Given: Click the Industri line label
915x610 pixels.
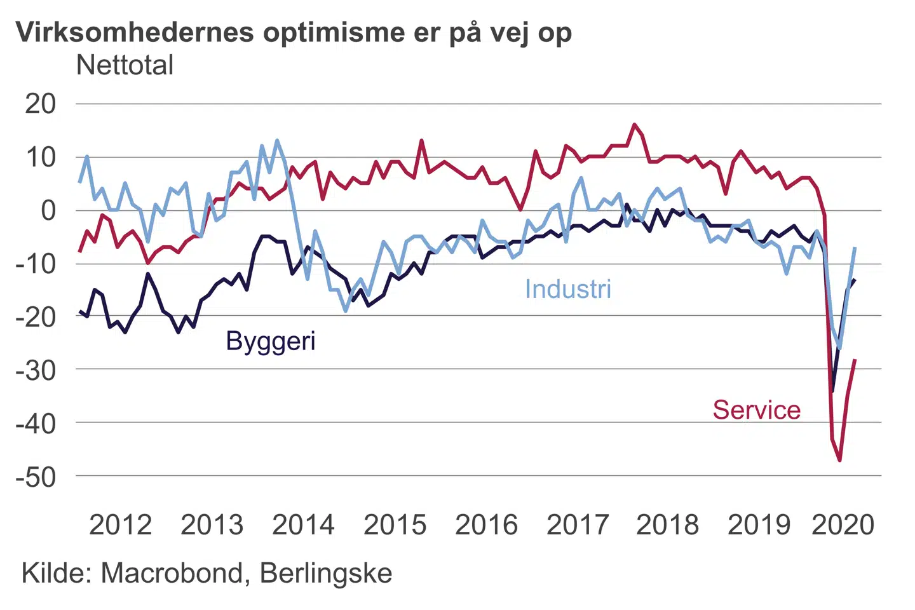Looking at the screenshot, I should click(x=567, y=289).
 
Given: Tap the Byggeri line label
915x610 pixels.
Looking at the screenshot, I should click(x=270, y=341).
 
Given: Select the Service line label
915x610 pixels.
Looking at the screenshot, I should click(x=756, y=410).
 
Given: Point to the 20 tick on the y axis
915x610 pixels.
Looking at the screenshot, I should click(x=41, y=104).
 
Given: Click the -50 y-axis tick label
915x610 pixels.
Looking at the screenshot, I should click(x=36, y=477).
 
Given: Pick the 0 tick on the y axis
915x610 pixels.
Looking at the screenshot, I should click(x=48, y=210).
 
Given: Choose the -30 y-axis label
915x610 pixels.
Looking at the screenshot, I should click(x=36, y=369).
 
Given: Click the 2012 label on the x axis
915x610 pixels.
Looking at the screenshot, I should click(x=120, y=525).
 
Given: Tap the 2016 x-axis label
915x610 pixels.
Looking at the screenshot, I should click(x=486, y=525).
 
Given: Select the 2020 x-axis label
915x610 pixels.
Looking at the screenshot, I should click(x=843, y=525).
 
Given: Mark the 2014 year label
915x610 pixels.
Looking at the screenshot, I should click(x=303, y=525).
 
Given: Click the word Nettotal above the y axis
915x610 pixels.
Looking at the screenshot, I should click(x=125, y=65).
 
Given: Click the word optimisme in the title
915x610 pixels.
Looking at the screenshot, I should click(x=334, y=32).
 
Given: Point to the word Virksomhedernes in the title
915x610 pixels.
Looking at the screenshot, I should click(x=135, y=32).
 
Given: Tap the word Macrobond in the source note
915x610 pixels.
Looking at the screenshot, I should click(x=172, y=573).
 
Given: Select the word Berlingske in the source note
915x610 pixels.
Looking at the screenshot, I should click(x=326, y=573).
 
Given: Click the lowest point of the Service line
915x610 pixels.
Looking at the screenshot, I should click(x=840, y=460).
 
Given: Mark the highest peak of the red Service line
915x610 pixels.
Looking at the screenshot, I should click(x=634, y=125).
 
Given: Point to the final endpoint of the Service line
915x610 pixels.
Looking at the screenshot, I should click(x=855, y=360).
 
